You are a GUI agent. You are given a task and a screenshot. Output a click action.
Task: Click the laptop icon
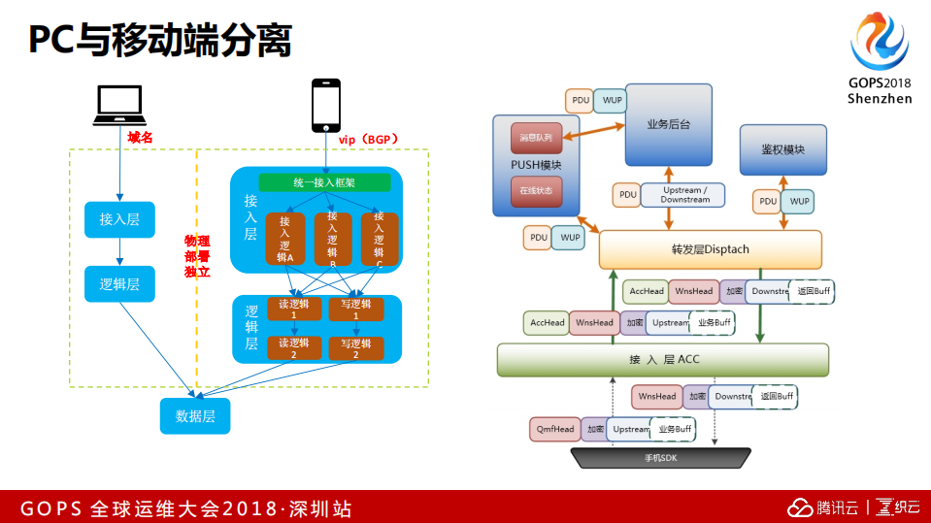pyautogui.click(x=119, y=106)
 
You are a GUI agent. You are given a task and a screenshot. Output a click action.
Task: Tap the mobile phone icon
pyautogui.click(x=325, y=105)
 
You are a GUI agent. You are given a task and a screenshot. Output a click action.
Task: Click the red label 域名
pyautogui.click(x=141, y=138)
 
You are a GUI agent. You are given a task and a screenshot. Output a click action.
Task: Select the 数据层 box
pyautogui.click(x=195, y=416)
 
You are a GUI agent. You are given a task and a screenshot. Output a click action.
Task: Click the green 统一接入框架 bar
pyautogui.click(x=324, y=182)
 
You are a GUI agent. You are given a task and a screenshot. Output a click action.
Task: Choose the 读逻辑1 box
pyautogui.click(x=293, y=310)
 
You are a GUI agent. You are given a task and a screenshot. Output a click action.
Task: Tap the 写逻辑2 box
pyautogui.click(x=355, y=348)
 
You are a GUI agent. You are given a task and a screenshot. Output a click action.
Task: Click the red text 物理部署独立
pyautogui.click(x=197, y=256)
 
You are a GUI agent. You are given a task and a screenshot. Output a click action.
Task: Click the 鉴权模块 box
pyautogui.click(x=782, y=149)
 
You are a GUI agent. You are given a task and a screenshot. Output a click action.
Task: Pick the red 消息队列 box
pyautogui.click(x=535, y=139)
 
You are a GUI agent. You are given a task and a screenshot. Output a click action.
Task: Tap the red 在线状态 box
pyautogui.click(x=535, y=191)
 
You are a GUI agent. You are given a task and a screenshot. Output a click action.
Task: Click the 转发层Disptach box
pyautogui.click(x=710, y=249)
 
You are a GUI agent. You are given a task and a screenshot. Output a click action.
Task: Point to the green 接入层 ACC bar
pyautogui.click(x=663, y=360)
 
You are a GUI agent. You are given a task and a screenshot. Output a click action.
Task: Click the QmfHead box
pyautogui.click(x=554, y=429)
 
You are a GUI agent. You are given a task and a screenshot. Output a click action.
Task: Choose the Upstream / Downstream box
pyautogui.click(x=685, y=195)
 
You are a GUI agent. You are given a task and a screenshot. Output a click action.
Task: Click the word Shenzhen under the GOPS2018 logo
pyautogui.click(x=880, y=99)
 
